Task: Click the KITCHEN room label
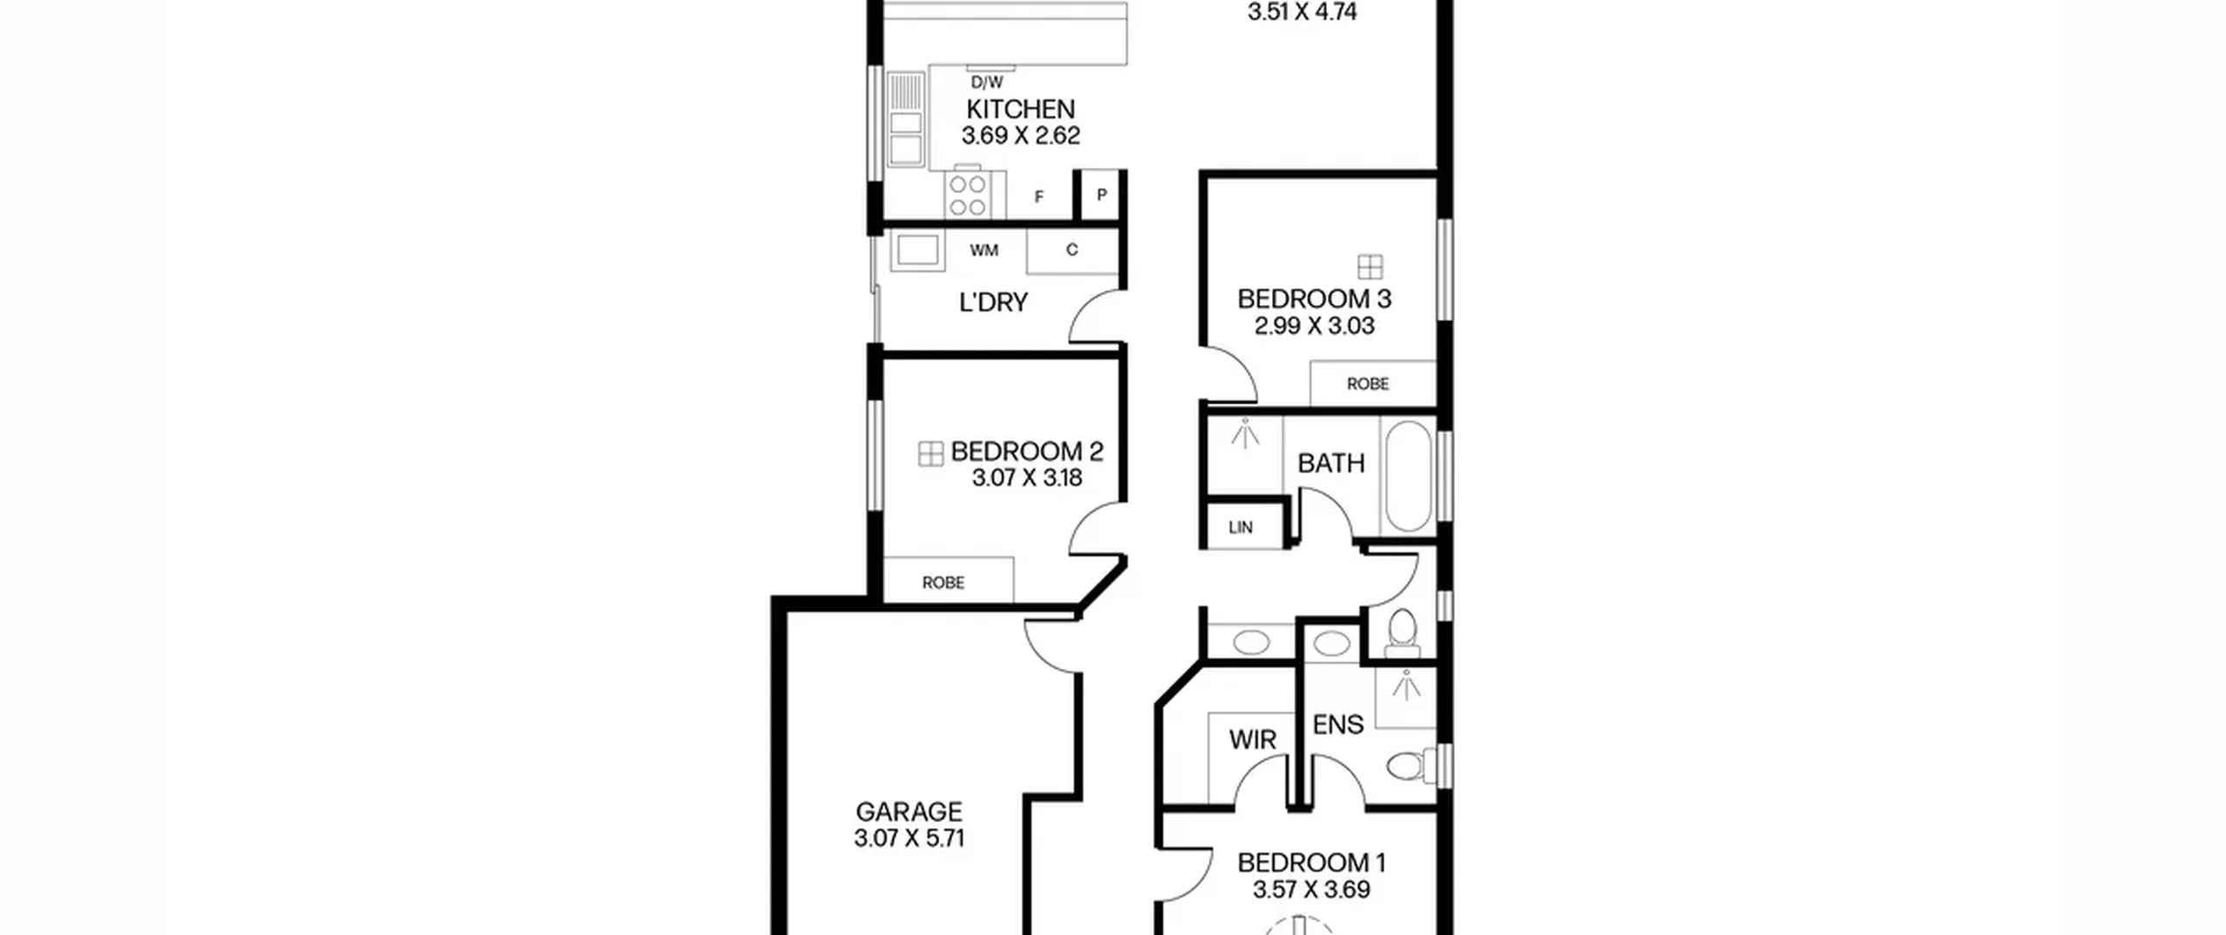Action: pyautogui.click(x=1021, y=110)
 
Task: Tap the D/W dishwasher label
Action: pyautogui.click(x=987, y=83)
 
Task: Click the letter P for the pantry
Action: pyautogui.click(x=1102, y=195)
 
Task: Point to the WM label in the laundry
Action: pyautogui.click(x=984, y=250)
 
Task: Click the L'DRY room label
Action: pyautogui.click(x=993, y=303)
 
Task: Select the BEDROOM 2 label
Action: pyautogui.click(x=1027, y=451)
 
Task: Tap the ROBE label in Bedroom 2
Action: pyautogui.click(x=943, y=583)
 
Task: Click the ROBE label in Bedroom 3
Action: pyautogui.click(x=1368, y=384)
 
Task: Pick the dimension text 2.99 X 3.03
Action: pyautogui.click(x=1314, y=326)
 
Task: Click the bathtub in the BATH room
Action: pyautogui.click(x=1408, y=477)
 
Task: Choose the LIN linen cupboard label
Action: pyautogui.click(x=1241, y=527)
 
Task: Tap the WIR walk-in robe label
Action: pyautogui.click(x=1253, y=740)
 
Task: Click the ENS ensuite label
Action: pyautogui.click(x=1338, y=725)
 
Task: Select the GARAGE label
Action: pyautogui.click(x=909, y=811)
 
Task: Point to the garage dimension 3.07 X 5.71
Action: pyautogui.click(x=909, y=838)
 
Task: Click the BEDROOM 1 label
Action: pyautogui.click(x=1311, y=863)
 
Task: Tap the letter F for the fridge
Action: pyautogui.click(x=1039, y=197)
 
